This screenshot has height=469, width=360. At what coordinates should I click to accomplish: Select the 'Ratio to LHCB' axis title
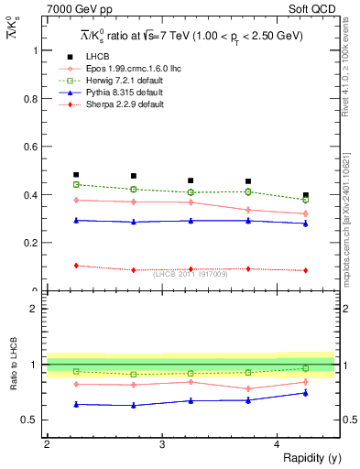[x=13, y=365]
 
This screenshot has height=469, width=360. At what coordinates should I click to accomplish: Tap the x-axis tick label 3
[x=162, y=444]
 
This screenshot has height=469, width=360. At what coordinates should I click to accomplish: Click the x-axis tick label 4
[x=278, y=444]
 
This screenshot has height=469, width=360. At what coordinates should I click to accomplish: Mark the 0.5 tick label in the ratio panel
[x=30, y=420]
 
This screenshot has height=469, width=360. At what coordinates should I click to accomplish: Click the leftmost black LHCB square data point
[x=76, y=175]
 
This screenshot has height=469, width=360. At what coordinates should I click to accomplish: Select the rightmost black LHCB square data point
[x=306, y=195]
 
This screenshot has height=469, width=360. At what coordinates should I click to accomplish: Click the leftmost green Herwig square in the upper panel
[x=76, y=184]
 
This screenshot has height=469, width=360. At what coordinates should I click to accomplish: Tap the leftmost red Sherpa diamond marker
[x=76, y=266]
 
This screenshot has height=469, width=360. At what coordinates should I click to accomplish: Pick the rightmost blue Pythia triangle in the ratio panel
[x=306, y=393]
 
